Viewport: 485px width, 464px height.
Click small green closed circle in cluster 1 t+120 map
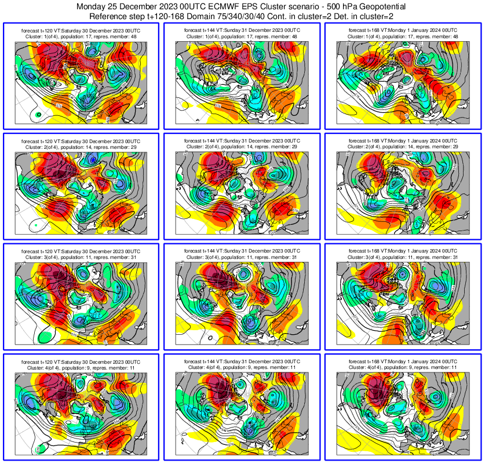coord(39,115)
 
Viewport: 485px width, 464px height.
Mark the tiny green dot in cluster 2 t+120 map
coord(36,224)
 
